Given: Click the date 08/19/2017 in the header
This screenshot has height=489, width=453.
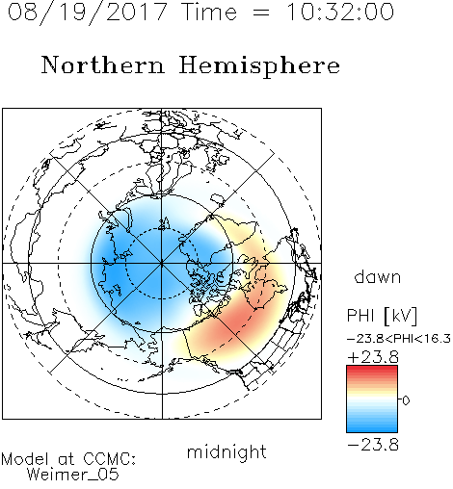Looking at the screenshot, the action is tap(88, 13).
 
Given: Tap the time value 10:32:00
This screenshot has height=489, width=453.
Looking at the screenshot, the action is tap(340, 12).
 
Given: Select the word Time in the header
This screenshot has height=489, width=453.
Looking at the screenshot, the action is tap(209, 12).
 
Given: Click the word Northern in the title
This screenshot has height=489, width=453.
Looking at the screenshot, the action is tap(102, 64).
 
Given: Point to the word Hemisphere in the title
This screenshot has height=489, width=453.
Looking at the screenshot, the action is tap(259, 66).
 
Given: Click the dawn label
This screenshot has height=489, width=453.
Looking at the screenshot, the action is tap(378, 277).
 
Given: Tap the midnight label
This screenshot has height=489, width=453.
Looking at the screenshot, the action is tap(226, 452).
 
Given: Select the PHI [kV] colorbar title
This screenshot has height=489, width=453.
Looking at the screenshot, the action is tap(382, 316).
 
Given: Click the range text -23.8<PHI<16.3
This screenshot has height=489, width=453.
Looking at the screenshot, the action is tap(399, 339).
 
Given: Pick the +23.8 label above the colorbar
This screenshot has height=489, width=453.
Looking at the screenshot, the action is tap(373, 357).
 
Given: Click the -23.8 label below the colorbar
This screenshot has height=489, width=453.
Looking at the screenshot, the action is tap(373, 445).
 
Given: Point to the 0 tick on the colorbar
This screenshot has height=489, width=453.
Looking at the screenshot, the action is tap(406, 400).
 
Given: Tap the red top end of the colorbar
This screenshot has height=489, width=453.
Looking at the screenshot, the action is tap(372, 368).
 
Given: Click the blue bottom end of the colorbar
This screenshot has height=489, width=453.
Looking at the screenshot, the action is tap(372, 429).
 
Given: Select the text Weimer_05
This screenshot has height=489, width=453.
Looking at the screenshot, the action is tap(73, 475).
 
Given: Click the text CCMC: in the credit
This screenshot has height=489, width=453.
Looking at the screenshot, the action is tap(110, 459).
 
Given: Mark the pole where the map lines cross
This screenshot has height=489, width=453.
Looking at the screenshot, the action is tap(162, 264).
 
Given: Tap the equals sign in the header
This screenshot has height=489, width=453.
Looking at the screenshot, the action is tap(261, 13).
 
